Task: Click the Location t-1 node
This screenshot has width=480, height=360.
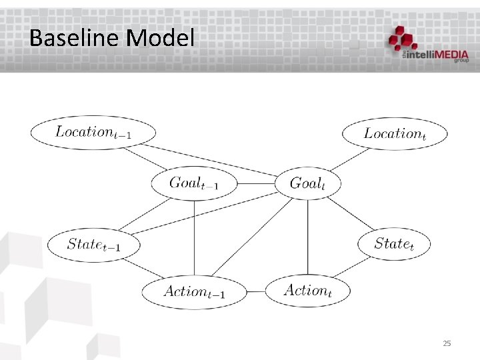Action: (93, 131)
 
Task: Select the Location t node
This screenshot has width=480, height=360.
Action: (395, 133)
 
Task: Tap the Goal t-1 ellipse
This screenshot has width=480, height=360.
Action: (194, 182)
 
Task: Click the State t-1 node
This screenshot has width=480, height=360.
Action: (93, 244)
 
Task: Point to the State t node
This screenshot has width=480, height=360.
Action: (394, 243)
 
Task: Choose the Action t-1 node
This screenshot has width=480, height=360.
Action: (194, 291)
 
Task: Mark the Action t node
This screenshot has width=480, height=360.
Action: (307, 290)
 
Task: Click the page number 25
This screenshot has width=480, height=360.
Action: (447, 343)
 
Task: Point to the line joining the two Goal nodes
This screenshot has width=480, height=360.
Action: (254, 183)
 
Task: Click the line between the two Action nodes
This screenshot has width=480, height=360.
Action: (255, 291)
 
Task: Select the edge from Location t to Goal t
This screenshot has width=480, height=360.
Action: (349, 161)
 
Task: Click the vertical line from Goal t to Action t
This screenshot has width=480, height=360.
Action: (307, 237)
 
